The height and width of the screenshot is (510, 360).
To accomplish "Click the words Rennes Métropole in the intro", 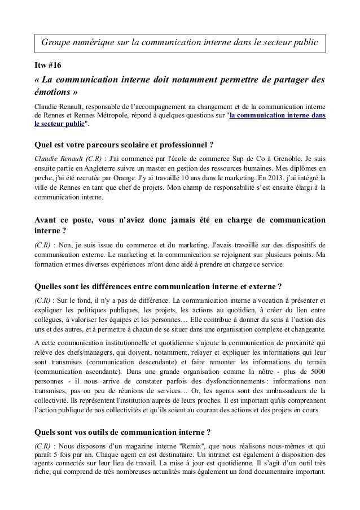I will coord(93,116).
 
